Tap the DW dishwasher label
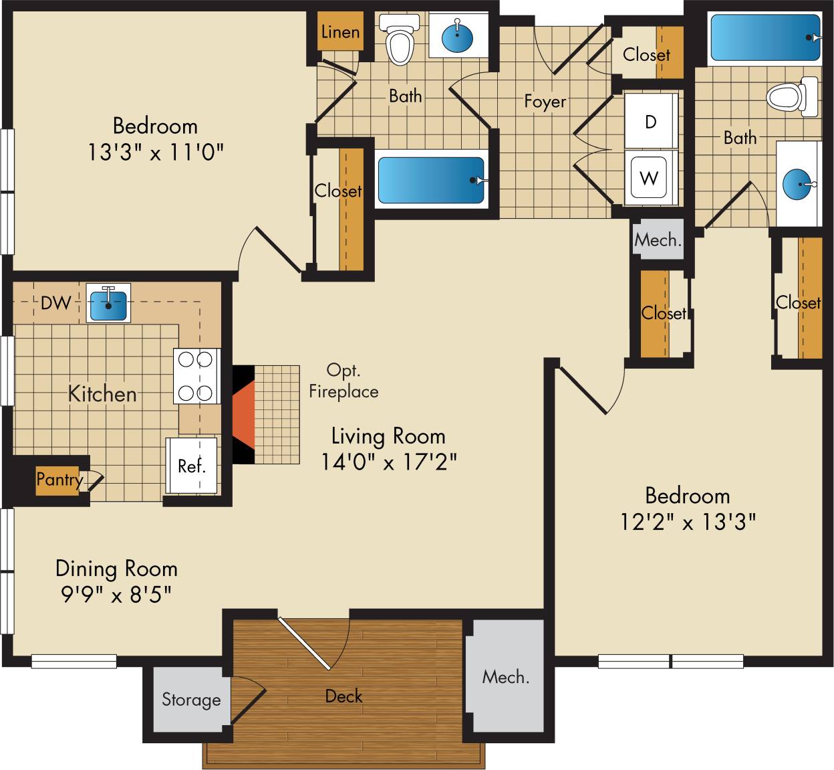(x=55, y=303)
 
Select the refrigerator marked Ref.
(x=191, y=466)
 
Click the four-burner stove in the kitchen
(x=196, y=376)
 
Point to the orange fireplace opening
(x=244, y=415)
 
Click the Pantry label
(x=59, y=479)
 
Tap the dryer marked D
(x=650, y=122)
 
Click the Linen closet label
(x=340, y=31)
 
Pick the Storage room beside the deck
(x=191, y=700)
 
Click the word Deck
(x=343, y=696)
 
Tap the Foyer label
(x=545, y=102)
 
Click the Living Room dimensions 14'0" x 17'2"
(x=388, y=462)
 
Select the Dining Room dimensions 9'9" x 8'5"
(x=116, y=594)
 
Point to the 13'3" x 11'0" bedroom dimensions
(x=154, y=153)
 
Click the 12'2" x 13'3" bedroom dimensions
(x=687, y=522)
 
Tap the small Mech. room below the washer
(x=658, y=239)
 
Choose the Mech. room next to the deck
(x=506, y=677)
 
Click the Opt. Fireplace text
(x=343, y=381)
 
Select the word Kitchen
(x=102, y=393)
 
